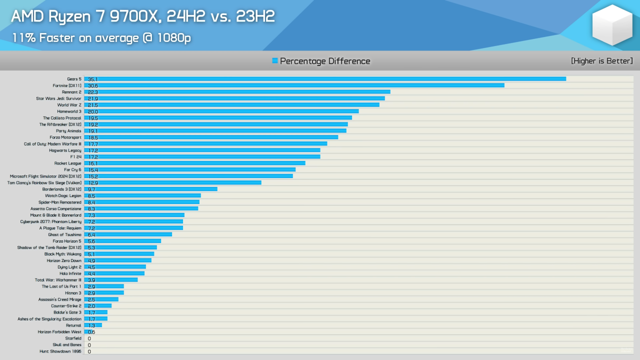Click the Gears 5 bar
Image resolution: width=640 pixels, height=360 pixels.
pos(325,79)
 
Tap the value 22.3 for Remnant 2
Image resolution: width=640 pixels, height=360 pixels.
pos(92,92)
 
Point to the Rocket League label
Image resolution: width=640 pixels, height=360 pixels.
pos(67,163)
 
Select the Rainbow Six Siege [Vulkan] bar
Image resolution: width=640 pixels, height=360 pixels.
pos(172,182)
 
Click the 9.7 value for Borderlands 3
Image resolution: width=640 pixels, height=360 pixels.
pos(91,189)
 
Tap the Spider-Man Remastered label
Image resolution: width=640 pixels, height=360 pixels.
pos(59,202)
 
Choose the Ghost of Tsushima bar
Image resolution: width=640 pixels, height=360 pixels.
pos(128,234)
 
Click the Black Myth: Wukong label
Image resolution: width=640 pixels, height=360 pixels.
pos(62,254)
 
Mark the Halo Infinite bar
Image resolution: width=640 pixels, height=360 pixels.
pos(114,273)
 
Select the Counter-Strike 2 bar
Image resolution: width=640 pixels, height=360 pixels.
pos(97,306)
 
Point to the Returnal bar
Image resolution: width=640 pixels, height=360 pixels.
pos(93,325)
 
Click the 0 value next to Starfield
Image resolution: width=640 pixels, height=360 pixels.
pos(89,338)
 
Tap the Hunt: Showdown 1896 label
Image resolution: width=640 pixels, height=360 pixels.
pos(60,351)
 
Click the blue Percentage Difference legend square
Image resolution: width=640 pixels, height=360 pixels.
pos(275,60)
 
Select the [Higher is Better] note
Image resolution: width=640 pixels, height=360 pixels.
pos(601,61)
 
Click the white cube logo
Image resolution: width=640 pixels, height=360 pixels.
pos(612,25)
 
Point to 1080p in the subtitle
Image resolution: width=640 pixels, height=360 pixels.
pos(173,38)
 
